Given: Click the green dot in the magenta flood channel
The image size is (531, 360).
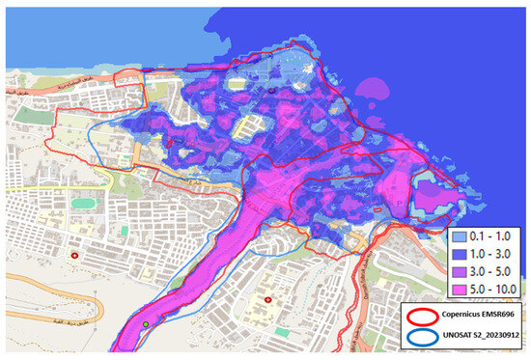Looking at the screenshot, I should point(146,324).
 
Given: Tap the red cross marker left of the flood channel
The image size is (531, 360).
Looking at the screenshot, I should point(75,256).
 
